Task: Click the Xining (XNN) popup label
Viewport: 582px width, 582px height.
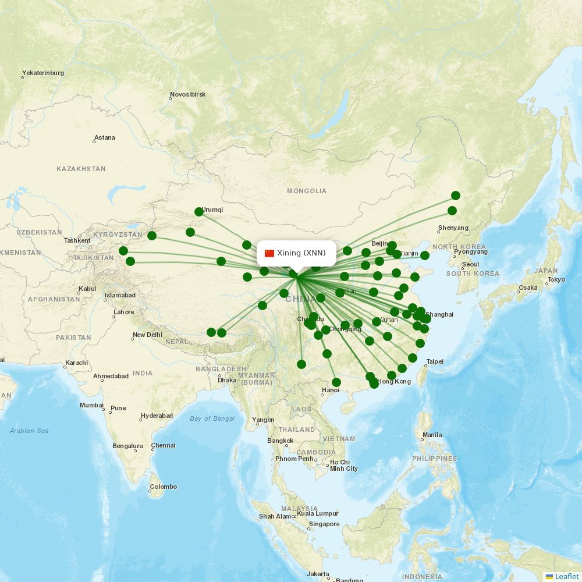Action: pyautogui.click(x=301, y=253)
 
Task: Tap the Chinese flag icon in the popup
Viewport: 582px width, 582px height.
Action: pyautogui.click(x=269, y=253)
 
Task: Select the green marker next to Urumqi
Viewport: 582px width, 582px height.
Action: pyautogui.click(x=199, y=212)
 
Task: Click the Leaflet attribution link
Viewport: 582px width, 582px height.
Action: pyautogui.click(x=566, y=576)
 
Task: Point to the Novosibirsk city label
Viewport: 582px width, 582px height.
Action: pyautogui.click(x=187, y=94)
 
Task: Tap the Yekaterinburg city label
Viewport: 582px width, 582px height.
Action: pyautogui.click(x=43, y=73)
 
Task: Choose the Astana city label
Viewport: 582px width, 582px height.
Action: pyautogui.click(x=105, y=138)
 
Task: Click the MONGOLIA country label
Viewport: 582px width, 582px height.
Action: pyautogui.click(x=307, y=191)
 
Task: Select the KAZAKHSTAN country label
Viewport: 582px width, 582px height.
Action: pyautogui.click(x=81, y=169)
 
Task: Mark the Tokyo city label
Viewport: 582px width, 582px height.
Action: pyautogui.click(x=556, y=280)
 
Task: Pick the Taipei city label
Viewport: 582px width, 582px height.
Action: pyautogui.click(x=435, y=362)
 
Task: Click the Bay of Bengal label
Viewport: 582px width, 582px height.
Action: pyautogui.click(x=212, y=418)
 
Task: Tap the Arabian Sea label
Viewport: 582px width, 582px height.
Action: pyautogui.click(x=29, y=431)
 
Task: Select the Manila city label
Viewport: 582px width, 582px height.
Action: pyautogui.click(x=432, y=435)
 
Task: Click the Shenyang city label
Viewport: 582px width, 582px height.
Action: pyautogui.click(x=453, y=228)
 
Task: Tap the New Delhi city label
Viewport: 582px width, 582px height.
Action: pyautogui.click(x=147, y=335)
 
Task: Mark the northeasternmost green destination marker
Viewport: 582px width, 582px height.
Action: pyautogui.click(x=456, y=196)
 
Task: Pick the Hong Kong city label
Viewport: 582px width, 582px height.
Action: pyautogui.click(x=394, y=382)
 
